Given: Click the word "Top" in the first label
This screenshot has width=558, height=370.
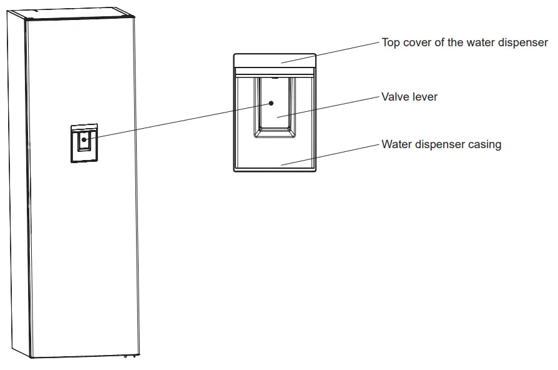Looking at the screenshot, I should click(x=391, y=42).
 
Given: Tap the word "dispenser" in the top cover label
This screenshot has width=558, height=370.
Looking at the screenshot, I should click(x=523, y=42).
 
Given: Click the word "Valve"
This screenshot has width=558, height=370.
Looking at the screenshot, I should click(x=394, y=97).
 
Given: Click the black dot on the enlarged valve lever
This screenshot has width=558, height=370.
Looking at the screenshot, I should click(x=271, y=102).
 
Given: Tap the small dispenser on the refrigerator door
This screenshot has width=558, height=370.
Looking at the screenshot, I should click(x=83, y=143).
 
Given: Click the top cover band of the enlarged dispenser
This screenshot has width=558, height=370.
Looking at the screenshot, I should click(x=275, y=61).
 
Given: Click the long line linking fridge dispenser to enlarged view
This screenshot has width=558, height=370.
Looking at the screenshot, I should click(x=181, y=121).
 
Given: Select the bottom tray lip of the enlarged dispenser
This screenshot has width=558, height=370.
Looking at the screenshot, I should click(x=275, y=167).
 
